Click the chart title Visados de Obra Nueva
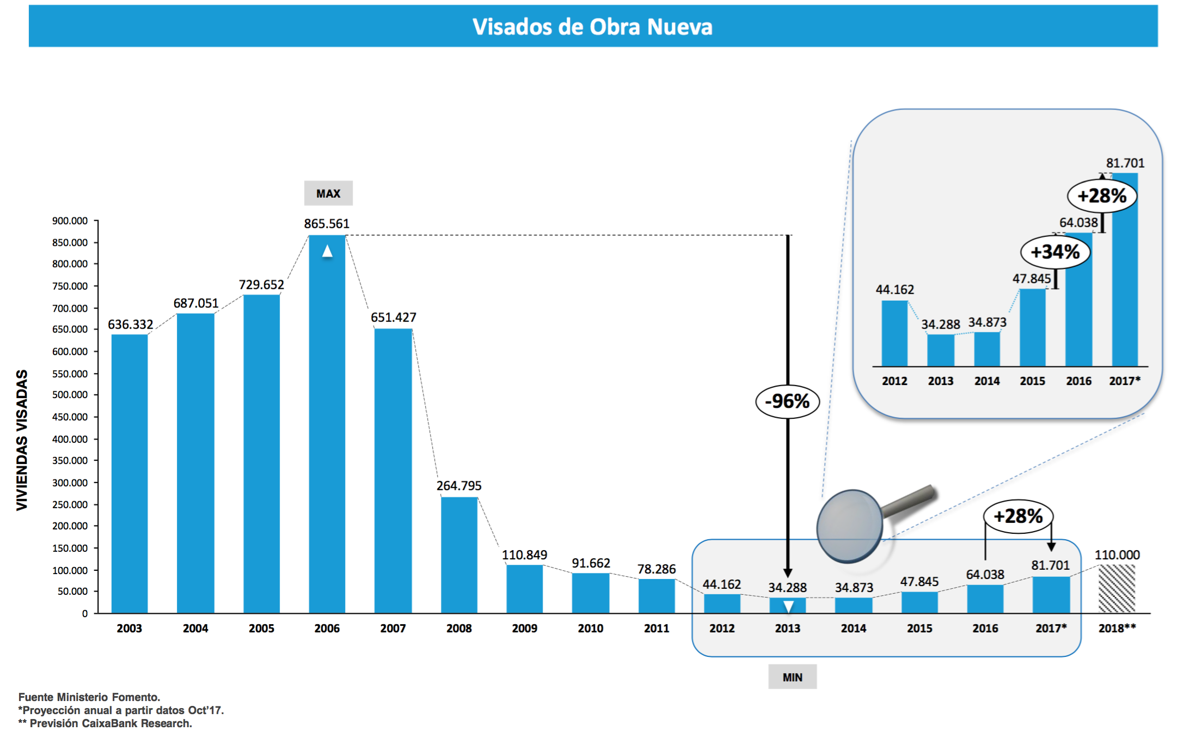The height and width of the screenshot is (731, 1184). click(592, 27)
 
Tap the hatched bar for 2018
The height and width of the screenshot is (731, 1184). click(1116, 589)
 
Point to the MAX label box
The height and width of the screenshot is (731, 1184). click(328, 193)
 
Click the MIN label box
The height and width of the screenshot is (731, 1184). click(792, 677)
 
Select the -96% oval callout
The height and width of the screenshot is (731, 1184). click(787, 401)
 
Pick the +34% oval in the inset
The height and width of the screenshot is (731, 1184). click(1055, 252)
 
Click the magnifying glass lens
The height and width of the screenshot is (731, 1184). click(849, 526)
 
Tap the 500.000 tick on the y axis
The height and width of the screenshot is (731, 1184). click(70, 395)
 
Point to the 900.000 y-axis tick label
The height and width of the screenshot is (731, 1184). click(70, 221)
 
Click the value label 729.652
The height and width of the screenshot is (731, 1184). click(261, 284)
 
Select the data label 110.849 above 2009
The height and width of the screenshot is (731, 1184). click(524, 555)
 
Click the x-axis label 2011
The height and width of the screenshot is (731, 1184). click(657, 628)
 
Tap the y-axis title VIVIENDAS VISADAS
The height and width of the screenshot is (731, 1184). click(22, 440)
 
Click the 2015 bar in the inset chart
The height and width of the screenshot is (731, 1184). click(1032, 327)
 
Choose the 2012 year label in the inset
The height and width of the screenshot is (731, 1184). click(894, 381)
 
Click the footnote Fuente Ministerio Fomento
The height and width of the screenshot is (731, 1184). click(89, 697)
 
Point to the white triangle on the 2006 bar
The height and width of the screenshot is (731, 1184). click(327, 251)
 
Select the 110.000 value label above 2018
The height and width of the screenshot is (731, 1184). click(1117, 555)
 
